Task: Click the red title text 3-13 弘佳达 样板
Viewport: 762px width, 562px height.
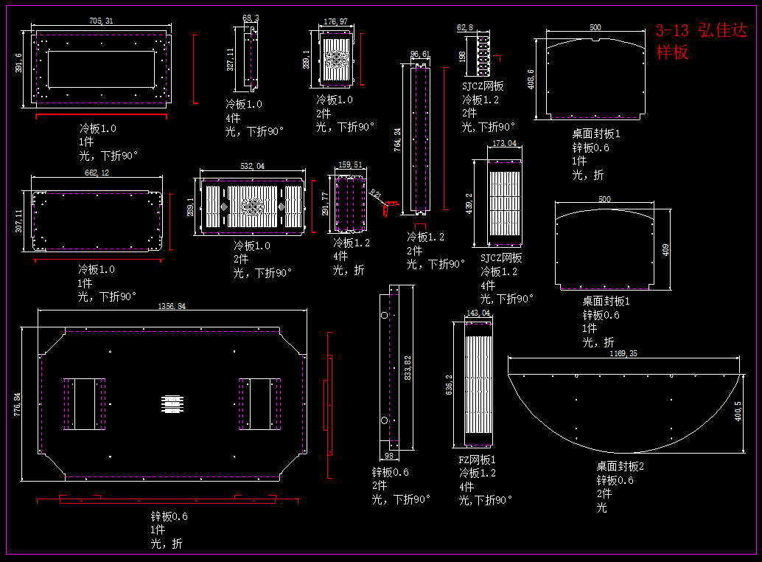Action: tap(701, 41)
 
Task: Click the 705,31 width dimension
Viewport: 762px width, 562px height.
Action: tap(101, 21)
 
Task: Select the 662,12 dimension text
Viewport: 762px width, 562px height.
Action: tap(97, 173)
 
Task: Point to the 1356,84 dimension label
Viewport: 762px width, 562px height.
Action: tap(169, 305)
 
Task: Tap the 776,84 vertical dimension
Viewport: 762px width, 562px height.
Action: tap(18, 404)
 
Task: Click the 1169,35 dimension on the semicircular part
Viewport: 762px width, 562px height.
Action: tap(623, 354)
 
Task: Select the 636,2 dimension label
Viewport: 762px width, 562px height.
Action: tap(449, 384)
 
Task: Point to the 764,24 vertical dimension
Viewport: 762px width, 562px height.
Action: tap(398, 140)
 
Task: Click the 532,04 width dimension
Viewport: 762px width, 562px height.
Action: tap(252, 166)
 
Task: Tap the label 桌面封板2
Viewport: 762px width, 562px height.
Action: tap(621, 466)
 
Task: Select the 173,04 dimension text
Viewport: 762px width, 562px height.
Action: tap(504, 143)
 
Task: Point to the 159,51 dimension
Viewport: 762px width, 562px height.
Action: tap(349, 165)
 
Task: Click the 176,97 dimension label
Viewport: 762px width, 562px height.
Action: tap(335, 21)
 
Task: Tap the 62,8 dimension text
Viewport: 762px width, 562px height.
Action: tap(465, 27)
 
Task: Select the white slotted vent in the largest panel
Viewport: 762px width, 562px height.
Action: tap(172, 404)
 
